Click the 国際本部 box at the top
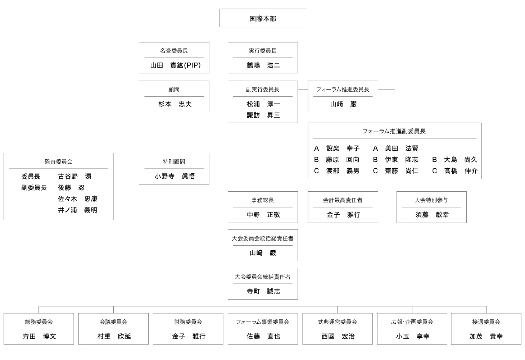(x=263, y=18)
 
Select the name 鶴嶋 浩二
(x=263, y=65)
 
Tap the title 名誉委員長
(x=174, y=51)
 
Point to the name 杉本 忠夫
(x=175, y=104)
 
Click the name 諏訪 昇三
(x=263, y=115)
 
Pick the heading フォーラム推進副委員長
(x=394, y=131)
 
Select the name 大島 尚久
(x=460, y=160)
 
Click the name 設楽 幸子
(x=343, y=148)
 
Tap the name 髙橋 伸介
(x=461, y=171)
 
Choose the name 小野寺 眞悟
(x=175, y=176)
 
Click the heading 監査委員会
(x=58, y=161)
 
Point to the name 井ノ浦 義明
(x=77, y=210)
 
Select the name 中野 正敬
(x=263, y=215)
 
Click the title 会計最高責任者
(x=343, y=200)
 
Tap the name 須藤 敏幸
(x=432, y=215)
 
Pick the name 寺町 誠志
(x=263, y=291)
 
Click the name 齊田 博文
(x=39, y=336)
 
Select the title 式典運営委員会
(x=337, y=322)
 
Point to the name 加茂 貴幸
(x=486, y=336)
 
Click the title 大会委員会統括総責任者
(x=263, y=238)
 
